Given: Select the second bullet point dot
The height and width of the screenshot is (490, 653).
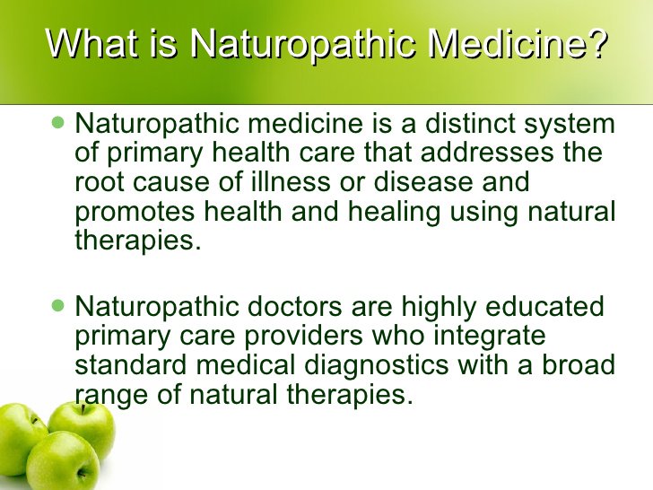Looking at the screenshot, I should (59, 306).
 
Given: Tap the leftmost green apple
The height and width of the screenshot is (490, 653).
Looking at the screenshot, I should (20, 440).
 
